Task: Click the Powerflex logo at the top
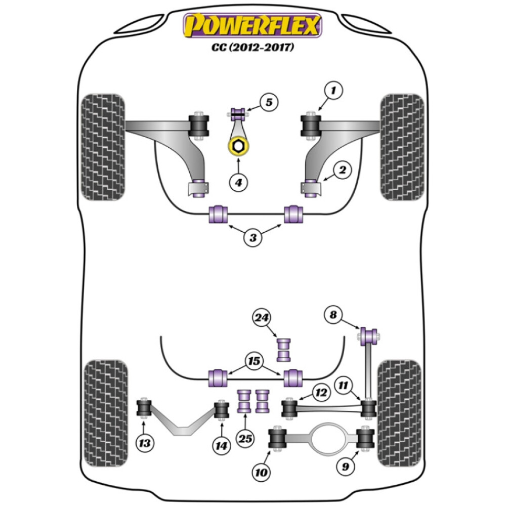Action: [252, 26]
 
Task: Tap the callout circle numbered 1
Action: [333, 92]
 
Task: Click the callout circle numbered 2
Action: [342, 171]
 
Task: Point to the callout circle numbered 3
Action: [252, 237]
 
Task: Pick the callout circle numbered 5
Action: [269, 103]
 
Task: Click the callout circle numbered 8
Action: [332, 315]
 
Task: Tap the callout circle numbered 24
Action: [263, 318]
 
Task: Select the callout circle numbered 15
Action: [255, 360]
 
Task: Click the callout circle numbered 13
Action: [145, 444]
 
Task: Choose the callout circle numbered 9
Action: [346, 467]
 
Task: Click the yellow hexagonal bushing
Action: [238, 147]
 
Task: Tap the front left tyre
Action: [103, 147]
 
